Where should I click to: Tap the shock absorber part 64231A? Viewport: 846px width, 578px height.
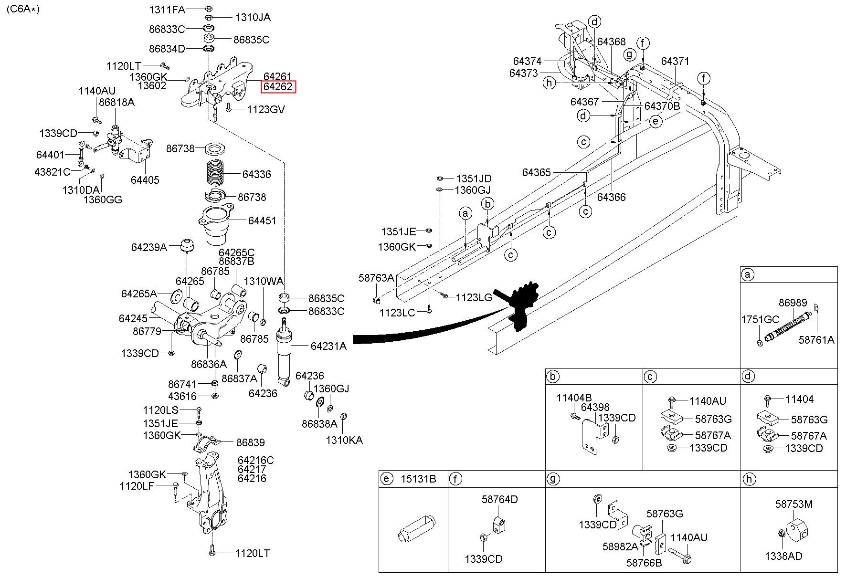(x=286, y=352)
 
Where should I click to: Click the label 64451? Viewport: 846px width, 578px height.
(x=262, y=221)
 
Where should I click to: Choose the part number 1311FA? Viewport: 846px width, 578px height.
(x=167, y=9)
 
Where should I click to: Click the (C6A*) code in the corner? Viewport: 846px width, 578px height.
(x=23, y=9)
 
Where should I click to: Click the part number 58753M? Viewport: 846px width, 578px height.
(x=793, y=504)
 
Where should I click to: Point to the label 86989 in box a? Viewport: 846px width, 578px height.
(x=793, y=303)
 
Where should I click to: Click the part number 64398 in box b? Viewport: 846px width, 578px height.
(x=595, y=407)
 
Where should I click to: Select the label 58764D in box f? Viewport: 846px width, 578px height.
(x=499, y=499)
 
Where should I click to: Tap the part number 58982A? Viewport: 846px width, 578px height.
(x=620, y=546)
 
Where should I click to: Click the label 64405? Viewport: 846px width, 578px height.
(x=145, y=180)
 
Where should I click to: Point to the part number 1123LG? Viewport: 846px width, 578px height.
(x=474, y=297)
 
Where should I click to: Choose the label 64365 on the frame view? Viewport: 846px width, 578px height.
(x=536, y=172)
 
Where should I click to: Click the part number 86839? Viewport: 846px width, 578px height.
(x=251, y=442)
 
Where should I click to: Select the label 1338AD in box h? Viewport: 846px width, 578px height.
(x=783, y=556)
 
